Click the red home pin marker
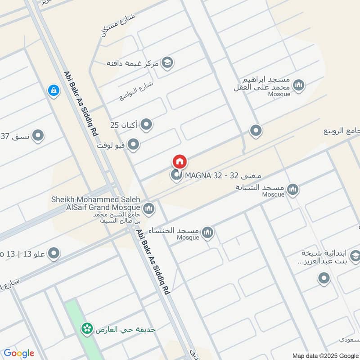179,162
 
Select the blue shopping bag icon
54,90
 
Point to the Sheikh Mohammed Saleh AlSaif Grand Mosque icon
148,208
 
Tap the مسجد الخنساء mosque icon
207,232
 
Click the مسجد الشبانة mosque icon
293,189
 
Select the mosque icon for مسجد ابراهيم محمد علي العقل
298,85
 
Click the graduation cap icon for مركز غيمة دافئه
167,63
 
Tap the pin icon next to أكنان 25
146,125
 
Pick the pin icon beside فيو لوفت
133,144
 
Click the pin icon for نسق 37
38,135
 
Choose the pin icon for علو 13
54,253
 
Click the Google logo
19,353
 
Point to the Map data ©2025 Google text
324,355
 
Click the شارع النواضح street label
137,90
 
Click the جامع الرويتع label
342,131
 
